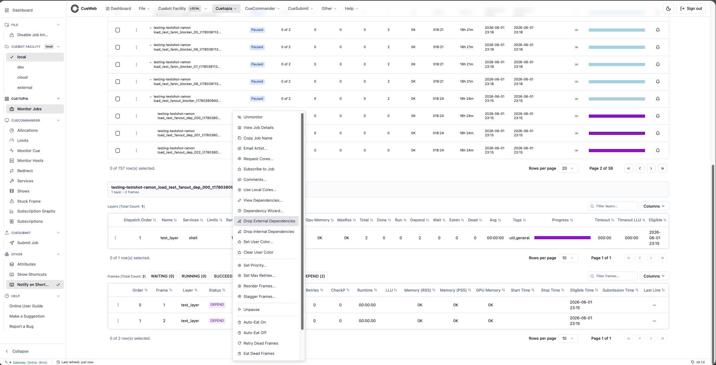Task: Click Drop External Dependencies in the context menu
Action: pyautogui.click(x=269, y=221)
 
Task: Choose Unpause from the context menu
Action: pyautogui.click(x=252, y=309)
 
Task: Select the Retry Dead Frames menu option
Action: pyautogui.click(x=261, y=343)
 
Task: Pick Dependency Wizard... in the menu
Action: pyautogui.click(x=263, y=211)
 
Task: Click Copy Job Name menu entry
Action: pyautogui.click(x=258, y=138)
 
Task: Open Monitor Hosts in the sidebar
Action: pyautogui.click(x=30, y=161)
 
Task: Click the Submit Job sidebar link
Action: pyautogui.click(x=28, y=243)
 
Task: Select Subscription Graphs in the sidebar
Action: pyautogui.click(x=36, y=211)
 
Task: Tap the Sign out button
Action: pyautogui.click(x=691, y=8)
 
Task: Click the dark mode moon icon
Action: pyautogui.click(x=669, y=8)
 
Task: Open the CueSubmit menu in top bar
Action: pyautogui.click(x=300, y=8)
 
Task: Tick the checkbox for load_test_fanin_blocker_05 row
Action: pyautogui.click(x=118, y=30)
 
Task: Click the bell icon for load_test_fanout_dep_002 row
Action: pyautogui.click(x=658, y=150)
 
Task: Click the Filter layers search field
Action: pyautogui.click(x=613, y=206)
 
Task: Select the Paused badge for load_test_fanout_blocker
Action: pyautogui.click(x=257, y=99)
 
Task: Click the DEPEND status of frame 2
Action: pyautogui.click(x=217, y=321)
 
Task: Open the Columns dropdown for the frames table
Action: pyautogui.click(x=654, y=276)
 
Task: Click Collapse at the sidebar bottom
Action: pyautogui.click(x=20, y=351)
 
